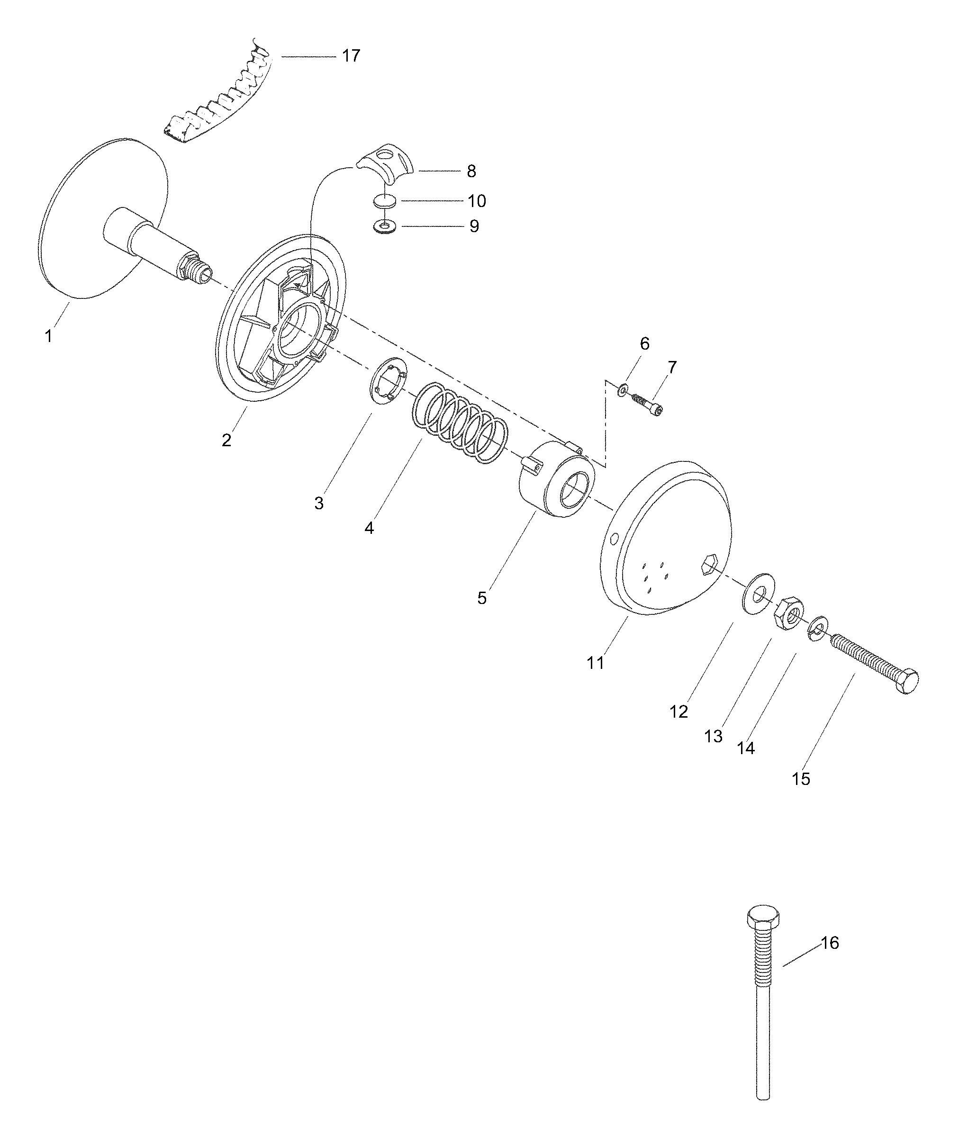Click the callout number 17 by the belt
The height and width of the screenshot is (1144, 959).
[x=351, y=55]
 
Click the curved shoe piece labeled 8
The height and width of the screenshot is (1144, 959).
[x=387, y=162]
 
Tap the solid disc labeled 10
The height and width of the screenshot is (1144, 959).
[x=385, y=201]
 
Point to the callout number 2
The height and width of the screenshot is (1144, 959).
[x=226, y=440]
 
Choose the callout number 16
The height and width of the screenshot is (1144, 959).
[x=830, y=943]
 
